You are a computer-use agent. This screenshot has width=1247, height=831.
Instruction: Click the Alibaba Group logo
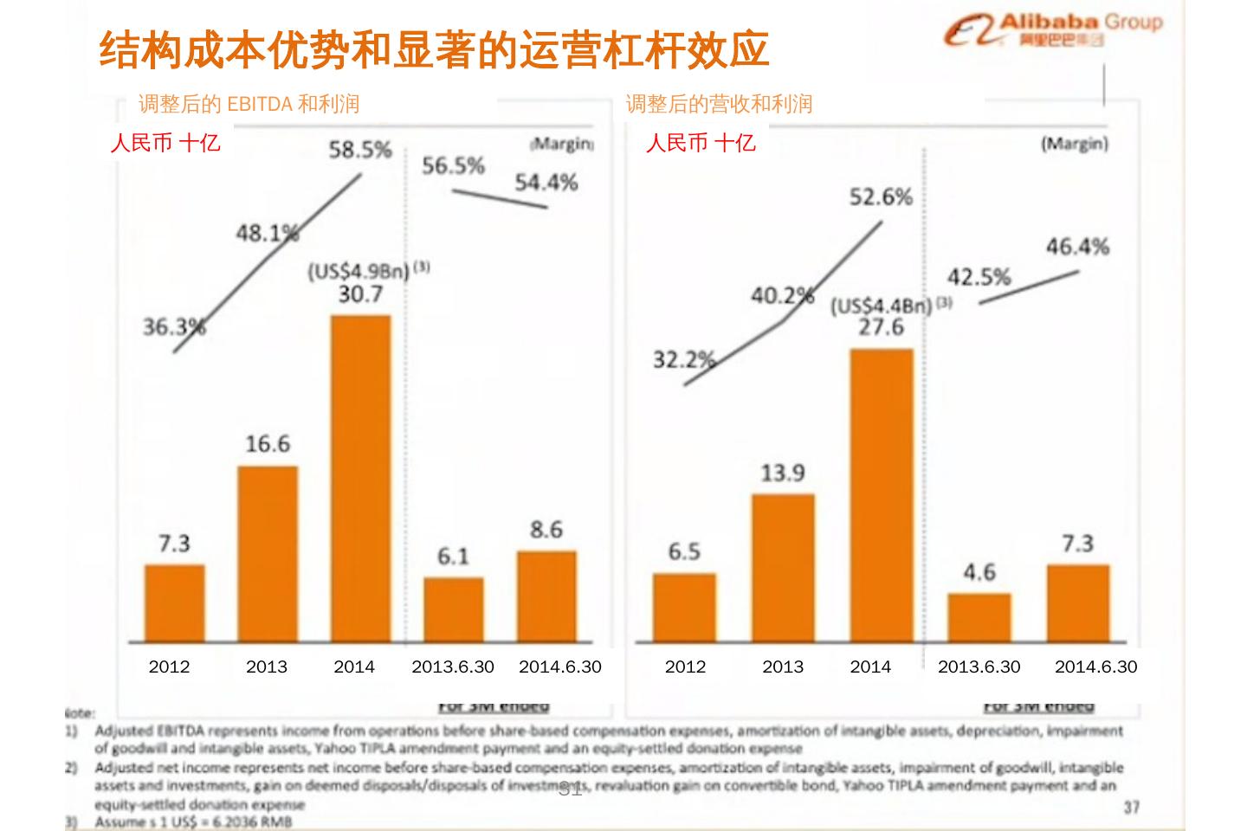[1052, 32]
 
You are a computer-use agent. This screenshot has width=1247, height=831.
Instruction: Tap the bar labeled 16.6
[268, 554]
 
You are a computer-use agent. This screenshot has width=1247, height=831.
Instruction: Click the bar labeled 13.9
[783, 568]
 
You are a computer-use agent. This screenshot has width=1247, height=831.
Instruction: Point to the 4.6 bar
[979, 618]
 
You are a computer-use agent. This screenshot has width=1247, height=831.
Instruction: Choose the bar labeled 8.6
[546, 596]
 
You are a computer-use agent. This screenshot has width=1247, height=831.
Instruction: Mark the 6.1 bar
[453, 610]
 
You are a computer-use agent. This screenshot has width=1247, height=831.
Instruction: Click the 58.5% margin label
[360, 151]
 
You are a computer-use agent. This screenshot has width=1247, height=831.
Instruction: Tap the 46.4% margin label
[1077, 247]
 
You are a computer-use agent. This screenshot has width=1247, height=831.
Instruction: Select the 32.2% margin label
[683, 359]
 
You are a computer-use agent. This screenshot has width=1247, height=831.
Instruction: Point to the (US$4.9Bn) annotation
[359, 272]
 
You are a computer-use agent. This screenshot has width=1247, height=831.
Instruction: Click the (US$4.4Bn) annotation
[882, 306]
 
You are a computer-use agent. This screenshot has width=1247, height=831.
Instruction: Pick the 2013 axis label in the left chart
[267, 667]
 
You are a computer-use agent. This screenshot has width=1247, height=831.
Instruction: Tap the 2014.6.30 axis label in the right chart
[1095, 667]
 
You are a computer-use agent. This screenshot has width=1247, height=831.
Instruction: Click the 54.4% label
[546, 183]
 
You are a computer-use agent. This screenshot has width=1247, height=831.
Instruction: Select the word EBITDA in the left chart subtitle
[259, 104]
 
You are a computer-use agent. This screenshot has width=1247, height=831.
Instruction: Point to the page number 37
[1132, 807]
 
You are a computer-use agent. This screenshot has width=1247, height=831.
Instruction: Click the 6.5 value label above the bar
[684, 551]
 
